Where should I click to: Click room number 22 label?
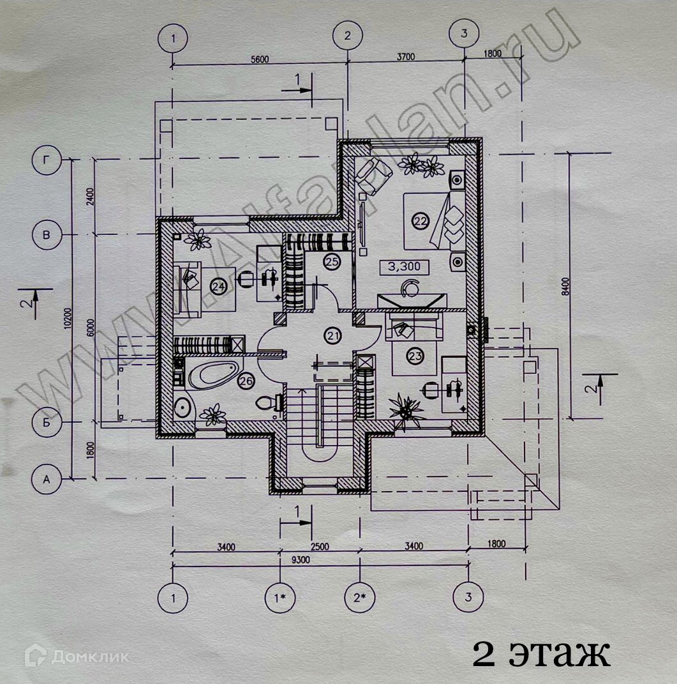[x=420, y=221]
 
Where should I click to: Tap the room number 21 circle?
[x=332, y=335]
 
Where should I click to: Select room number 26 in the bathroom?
[x=246, y=381]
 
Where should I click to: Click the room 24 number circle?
[x=219, y=287]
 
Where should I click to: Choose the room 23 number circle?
[x=415, y=356]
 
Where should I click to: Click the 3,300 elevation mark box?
[x=405, y=266]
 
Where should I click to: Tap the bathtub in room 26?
[x=212, y=374]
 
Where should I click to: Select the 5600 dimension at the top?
[x=259, y=59]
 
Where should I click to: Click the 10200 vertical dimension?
[x=68, y=319]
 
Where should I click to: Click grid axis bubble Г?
[x=47, y=160]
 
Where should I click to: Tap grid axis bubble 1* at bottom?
[x=279, y=598]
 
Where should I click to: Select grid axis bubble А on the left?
[x=46, y=478]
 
